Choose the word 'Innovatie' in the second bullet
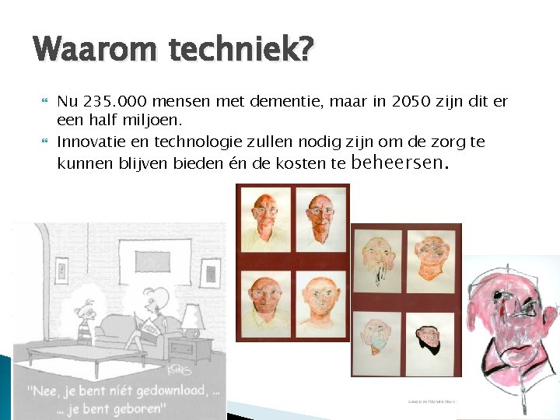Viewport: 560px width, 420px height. point(92,142)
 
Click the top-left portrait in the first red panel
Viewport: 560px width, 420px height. point(267,219)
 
